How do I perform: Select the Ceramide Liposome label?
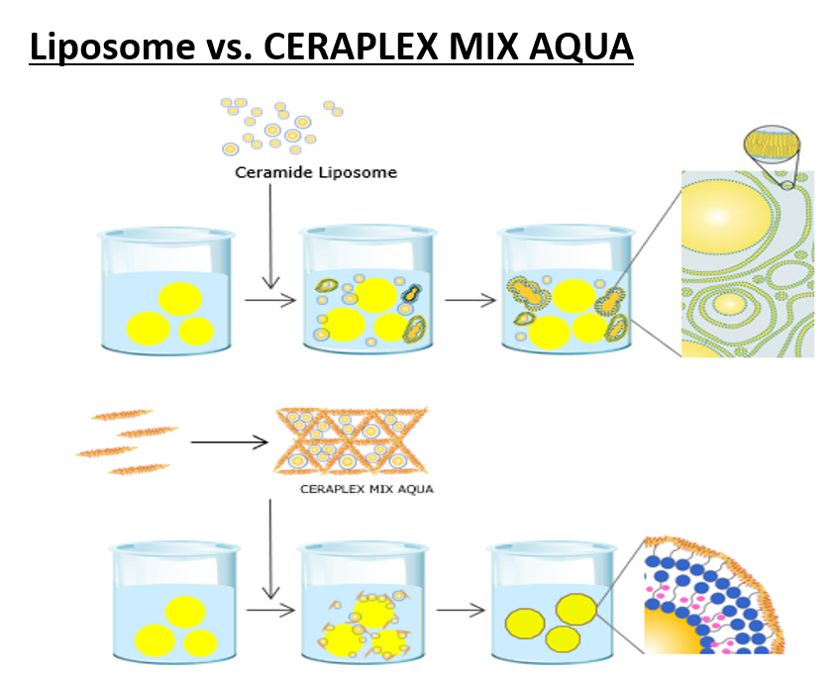[x=316, y=172]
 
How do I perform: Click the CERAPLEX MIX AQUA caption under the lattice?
[x=367, y=488]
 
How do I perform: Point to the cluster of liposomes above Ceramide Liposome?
[x=280, y=126]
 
